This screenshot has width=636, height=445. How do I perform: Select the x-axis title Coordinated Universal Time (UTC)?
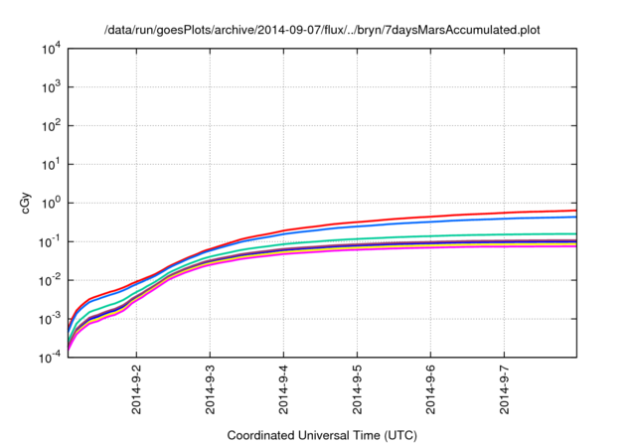tap(322, 435)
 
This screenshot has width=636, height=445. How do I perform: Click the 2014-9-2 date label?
tap(136, 390)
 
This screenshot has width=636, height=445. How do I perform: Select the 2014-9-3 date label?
tap(210, 390)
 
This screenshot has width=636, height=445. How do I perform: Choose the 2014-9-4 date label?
tap(283, 390)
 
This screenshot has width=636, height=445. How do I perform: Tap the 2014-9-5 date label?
tap(357, 390)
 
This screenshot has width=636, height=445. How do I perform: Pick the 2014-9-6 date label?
tap(430, 390)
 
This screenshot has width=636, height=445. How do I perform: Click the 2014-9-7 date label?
tap(504, 390)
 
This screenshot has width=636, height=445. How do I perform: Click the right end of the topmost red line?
tap(575, 210)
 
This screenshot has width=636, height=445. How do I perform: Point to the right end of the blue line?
tap(575, 217)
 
